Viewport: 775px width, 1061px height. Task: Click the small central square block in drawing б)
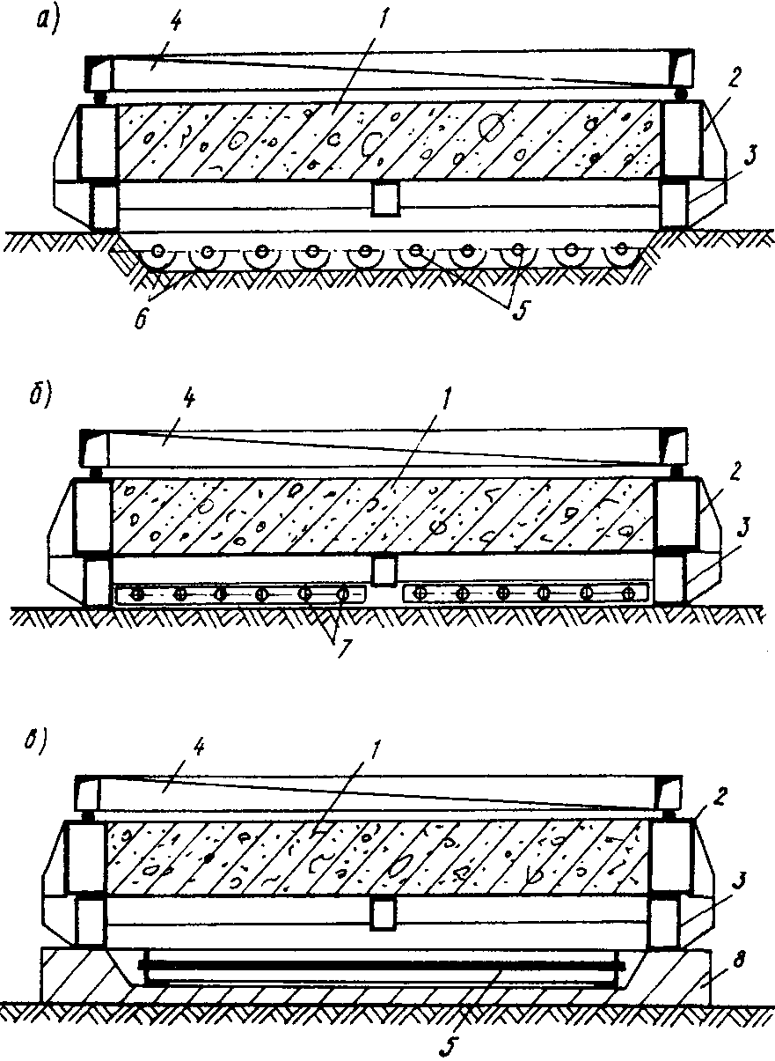pyautogui.click(x=385, y=572)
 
